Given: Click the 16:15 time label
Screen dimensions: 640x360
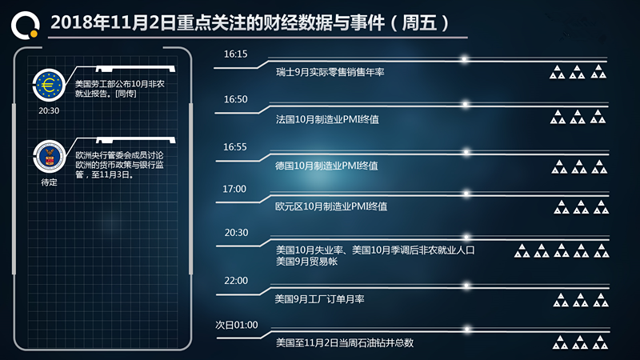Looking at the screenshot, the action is [235, 54].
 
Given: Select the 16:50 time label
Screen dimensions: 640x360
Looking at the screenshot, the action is [235, 99].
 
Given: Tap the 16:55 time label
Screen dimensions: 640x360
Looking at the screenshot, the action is [235, 147].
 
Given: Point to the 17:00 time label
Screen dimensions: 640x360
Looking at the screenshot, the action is [234, 189].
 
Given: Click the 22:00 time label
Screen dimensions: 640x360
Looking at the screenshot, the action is [236, 281].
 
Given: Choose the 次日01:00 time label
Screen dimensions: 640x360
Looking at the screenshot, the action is [237, 325].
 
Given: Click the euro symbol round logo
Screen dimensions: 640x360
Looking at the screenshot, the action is [49, 86].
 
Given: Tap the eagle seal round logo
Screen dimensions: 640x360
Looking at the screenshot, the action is [50, 157].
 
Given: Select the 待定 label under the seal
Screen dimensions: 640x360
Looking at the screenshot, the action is [50, 182].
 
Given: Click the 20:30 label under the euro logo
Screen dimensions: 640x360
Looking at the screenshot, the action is [49, 110].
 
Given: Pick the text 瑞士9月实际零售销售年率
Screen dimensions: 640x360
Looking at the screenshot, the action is [330, 72].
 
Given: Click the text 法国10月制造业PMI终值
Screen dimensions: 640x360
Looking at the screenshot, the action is [327, 119].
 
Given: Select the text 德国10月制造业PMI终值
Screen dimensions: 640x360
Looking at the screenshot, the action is [326, 166].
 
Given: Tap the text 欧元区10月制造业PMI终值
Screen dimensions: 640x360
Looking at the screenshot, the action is [331, 206].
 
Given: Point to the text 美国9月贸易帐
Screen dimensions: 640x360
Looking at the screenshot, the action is [307, 262].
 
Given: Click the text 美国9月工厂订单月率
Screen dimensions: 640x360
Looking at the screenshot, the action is [319, 299].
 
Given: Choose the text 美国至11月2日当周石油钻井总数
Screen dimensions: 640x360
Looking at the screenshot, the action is [345, 342].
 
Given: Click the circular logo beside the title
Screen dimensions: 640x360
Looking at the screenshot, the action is [26, 26].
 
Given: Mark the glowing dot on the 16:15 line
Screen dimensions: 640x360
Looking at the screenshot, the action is [464, 59].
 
